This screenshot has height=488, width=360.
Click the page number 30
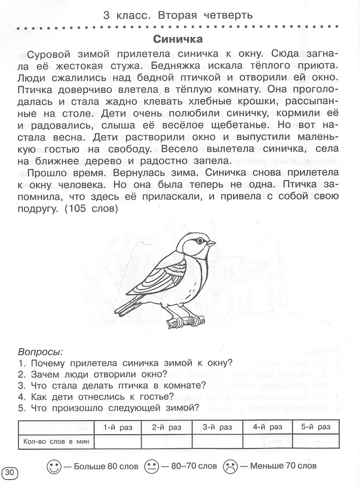coord(10,471)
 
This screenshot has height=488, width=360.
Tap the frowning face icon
coord(230,466)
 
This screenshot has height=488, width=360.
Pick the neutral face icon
coord(152,466)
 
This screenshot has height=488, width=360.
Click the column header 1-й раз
coord(117,427)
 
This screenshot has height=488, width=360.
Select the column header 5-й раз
coord(316,427)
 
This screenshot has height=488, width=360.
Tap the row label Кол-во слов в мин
coord(55,441)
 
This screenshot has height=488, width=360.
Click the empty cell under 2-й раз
coord(166,441)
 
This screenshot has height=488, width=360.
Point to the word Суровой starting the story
coord(48,54)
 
